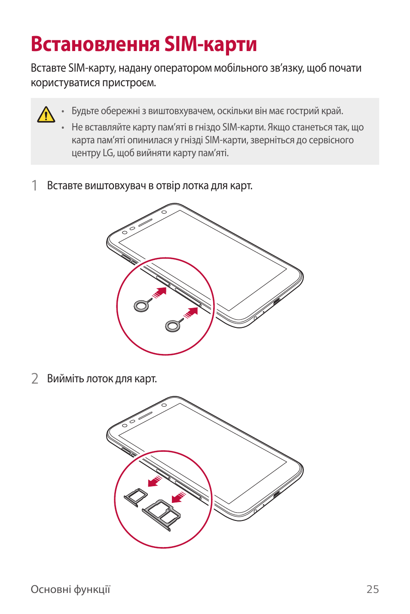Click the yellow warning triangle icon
46,115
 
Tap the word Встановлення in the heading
95,44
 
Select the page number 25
372,589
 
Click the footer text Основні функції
70,589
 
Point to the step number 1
35,185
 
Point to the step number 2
35,378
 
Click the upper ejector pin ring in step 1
141,305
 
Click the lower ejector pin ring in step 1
172,326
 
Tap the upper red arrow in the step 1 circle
159,293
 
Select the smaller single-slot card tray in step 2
136,496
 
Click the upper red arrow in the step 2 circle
155,481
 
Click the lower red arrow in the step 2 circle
178,498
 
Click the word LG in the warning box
108,153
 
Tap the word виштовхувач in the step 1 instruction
115,186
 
